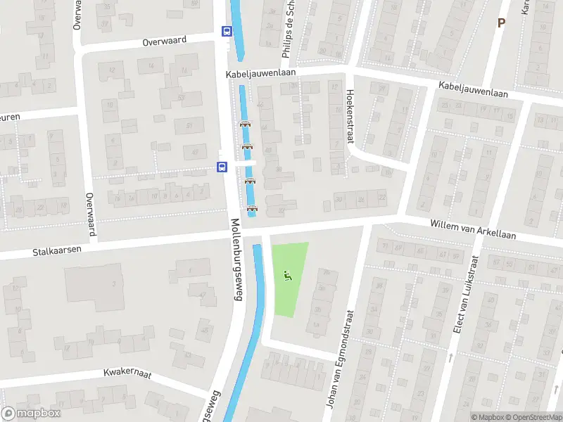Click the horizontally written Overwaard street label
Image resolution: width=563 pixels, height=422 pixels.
click(x=164, y=41)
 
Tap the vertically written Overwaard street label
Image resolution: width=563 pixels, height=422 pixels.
click(x=89, y=214)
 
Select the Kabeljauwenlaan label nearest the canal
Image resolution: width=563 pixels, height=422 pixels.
click(x=260, y=72)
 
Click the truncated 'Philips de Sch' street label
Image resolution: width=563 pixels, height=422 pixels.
click(x=289, y=22)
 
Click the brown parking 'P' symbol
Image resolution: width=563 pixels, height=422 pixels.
click(x=501, y=23)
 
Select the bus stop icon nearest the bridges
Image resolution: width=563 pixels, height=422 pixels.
click(x=222, y=167)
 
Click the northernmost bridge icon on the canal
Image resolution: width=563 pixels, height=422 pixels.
click(x=245, y=124)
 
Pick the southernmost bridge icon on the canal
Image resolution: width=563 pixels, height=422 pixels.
click(x=253, y=207)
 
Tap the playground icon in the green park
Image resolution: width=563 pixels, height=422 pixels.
click(x=286, y=276)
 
